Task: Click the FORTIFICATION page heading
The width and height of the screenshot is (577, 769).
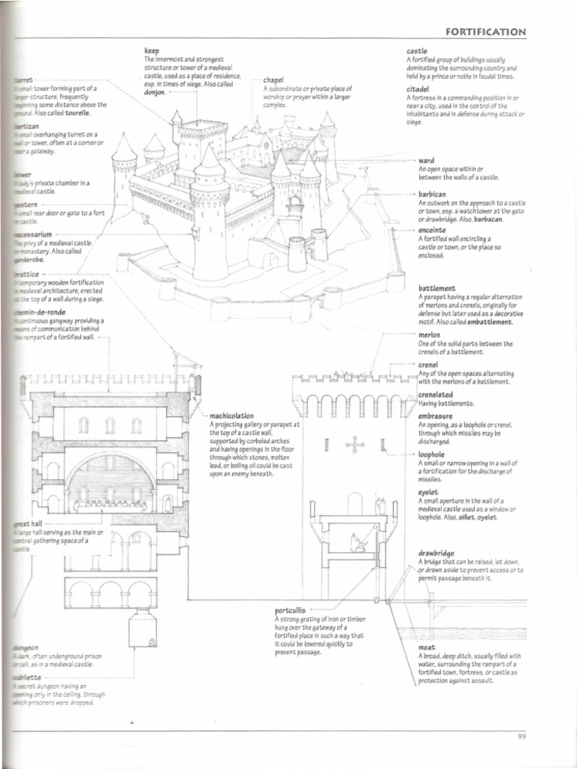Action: pos(485,32)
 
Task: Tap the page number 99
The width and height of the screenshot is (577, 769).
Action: pos(522,736)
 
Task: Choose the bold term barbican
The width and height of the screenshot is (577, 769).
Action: pos(433,194)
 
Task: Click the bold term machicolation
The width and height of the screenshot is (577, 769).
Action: pos(232,415)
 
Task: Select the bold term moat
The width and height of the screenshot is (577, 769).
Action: pos(427,647)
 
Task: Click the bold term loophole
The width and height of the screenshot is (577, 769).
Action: pos(432,455)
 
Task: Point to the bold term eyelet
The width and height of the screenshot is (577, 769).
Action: pos(428,492)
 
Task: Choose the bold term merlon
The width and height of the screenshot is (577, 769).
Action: pos(429,335)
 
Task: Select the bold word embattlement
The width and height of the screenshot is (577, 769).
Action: pos(488,321)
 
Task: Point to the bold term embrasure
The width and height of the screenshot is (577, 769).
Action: pos(435,415)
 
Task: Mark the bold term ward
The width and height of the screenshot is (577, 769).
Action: pos(426,161)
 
